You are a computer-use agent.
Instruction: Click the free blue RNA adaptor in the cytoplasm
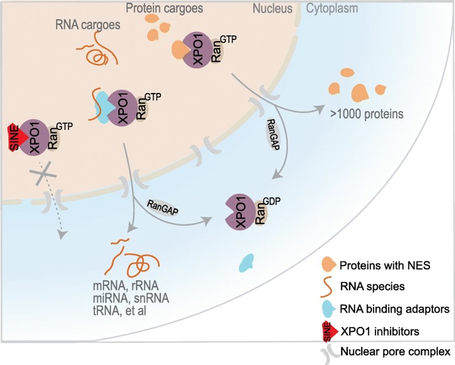point(246,263)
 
